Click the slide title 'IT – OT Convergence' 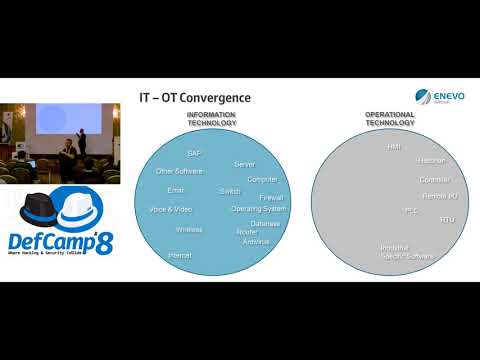point(194,97)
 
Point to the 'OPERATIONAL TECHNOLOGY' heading point(388,119)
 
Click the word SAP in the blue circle point(194,153)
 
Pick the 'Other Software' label point(179,171)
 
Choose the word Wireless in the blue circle point(189,229)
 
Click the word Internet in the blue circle point(180,256)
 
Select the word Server point(244,163)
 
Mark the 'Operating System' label point(259,209)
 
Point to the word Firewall point(271,198)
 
